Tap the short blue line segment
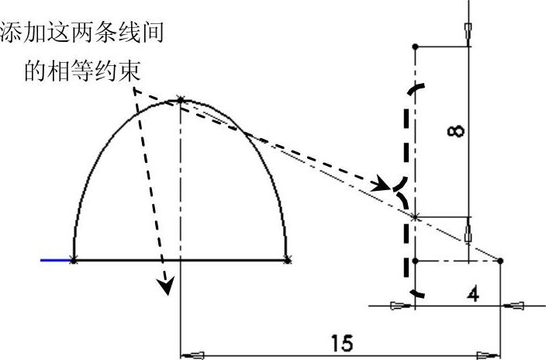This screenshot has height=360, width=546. tap(56, 261)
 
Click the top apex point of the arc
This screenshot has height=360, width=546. tap(181, 99)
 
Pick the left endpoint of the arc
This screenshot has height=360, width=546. tap(74, 261)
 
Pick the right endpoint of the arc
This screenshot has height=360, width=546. tap(288, 261)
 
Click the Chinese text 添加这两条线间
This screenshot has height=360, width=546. tap(85, 33)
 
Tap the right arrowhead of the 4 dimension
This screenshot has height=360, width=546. tap(513, 306)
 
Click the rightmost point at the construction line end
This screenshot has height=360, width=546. tap(501, 261)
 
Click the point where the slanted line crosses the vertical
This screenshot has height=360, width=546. tap(416, 217)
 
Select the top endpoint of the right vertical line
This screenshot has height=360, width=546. tap(416, 47)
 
